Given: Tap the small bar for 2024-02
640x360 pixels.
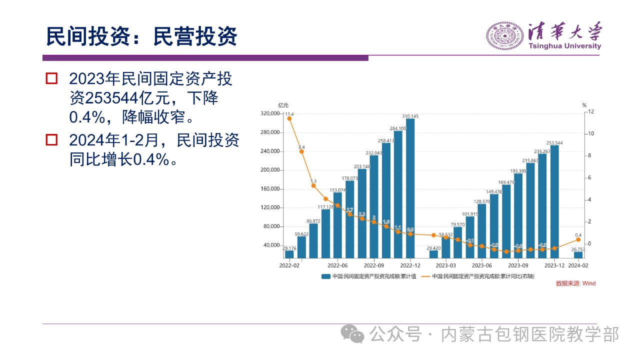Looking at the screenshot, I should tap(578, 255).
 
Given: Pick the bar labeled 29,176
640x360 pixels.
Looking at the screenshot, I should tap(289, 254).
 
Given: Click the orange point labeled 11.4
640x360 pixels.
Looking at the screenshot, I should tap(289, 118).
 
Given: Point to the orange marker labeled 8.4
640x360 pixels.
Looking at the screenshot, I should tap(301, 151).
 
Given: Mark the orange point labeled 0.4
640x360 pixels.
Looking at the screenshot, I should tap(578, 239).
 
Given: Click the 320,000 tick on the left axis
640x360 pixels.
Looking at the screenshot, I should tap(269, 114).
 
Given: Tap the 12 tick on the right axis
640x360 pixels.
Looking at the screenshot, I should tap(590, 111).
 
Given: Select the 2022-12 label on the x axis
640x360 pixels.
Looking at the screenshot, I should tap(410, 265).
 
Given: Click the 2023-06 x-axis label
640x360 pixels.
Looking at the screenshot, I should tap(482, 265).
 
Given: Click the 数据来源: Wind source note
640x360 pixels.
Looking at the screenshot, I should tap(575, 283).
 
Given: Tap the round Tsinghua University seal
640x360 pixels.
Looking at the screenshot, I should tap(504, 36).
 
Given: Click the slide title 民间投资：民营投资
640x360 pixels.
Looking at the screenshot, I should tap(141, 36).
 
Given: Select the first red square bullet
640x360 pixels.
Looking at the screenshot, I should tap(51, 78).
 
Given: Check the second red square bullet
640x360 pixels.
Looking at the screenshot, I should tap(51, 139).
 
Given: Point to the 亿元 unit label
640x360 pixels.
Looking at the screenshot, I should tap(283, 105).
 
